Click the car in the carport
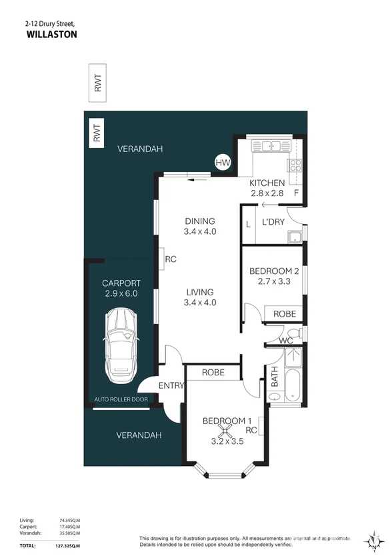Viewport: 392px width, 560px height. (x=121, y=342)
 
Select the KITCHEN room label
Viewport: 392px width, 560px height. (x=267, y=183)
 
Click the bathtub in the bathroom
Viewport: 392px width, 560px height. (x=293, y=386)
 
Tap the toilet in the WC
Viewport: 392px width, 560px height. (x=293, y=333)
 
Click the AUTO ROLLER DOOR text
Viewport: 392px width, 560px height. (x=119, y=400)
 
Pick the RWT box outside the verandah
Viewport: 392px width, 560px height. (x=98, y=83)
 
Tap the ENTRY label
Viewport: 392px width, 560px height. (x=171, y=386)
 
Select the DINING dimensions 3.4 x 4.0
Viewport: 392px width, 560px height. (x=200, y=232)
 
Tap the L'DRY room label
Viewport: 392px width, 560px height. (x=273, y=221)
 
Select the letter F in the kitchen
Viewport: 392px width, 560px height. (x=297, y=194)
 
